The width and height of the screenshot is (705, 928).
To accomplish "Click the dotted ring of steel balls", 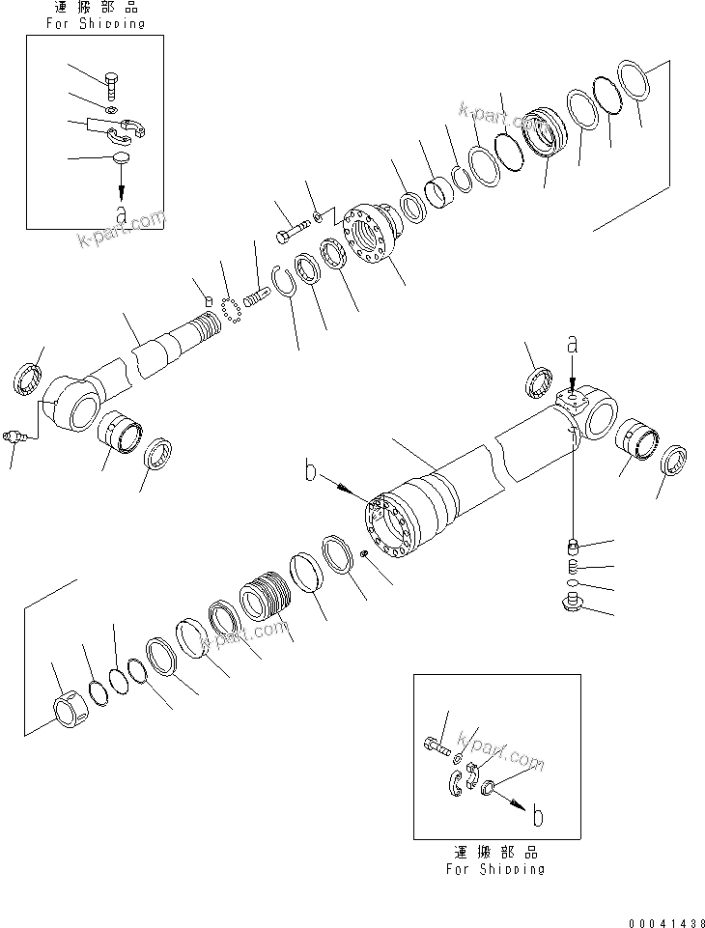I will click(x=230, y=308).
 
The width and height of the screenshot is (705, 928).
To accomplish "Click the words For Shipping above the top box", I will click(x=95, y=22).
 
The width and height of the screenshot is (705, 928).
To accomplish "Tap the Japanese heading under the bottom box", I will click(x=495, y=853).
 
